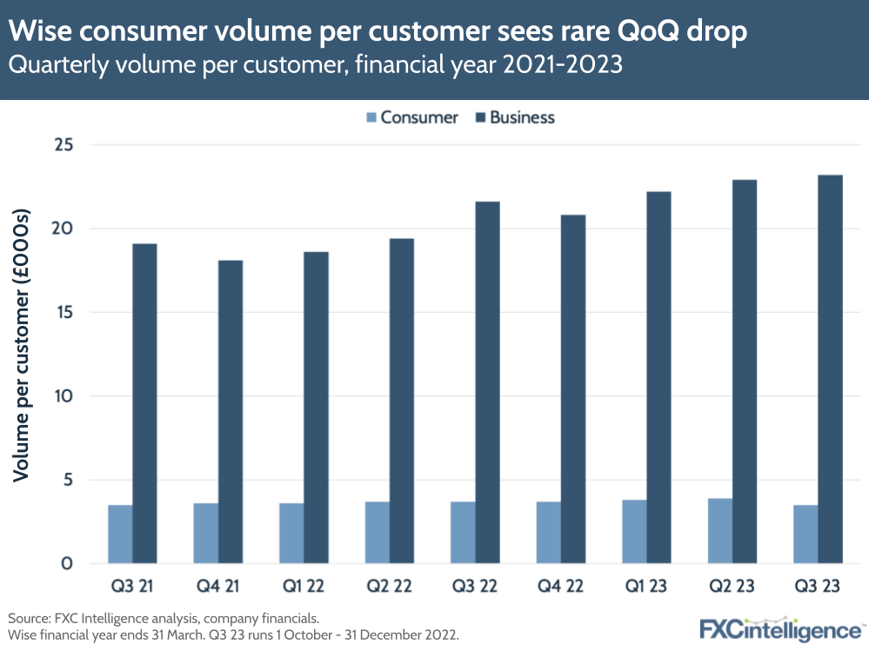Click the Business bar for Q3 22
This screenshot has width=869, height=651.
coord(487,382)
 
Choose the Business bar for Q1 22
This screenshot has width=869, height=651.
coord(317,408)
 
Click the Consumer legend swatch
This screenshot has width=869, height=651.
coord(372,117)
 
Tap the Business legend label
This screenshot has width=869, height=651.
coord(522,117)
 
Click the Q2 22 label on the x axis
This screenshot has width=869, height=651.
coord(390,587)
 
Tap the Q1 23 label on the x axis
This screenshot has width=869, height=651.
coord(646,587)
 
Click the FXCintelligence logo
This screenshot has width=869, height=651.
coord(782,628)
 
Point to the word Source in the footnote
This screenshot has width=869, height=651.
coord(30,618)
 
